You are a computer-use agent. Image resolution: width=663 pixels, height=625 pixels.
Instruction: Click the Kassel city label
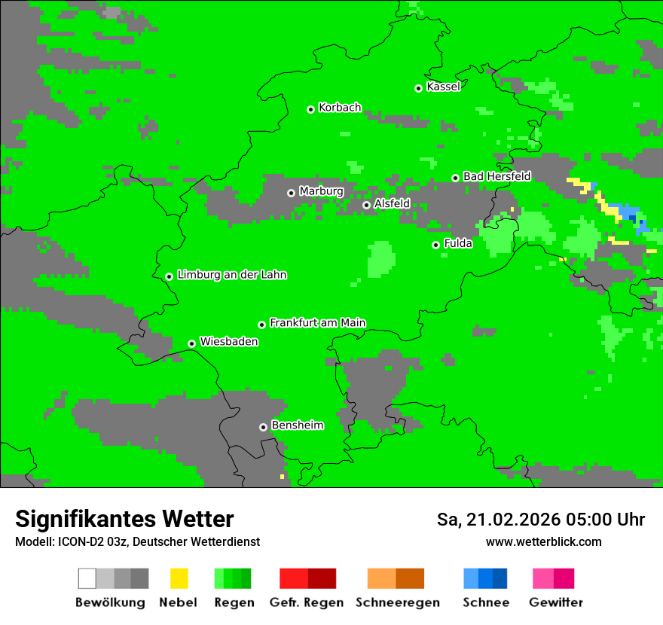[443, 87]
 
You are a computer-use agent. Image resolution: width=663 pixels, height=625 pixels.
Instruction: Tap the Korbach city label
[340, 108]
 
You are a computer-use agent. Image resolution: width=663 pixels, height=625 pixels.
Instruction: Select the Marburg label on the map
[321, 191]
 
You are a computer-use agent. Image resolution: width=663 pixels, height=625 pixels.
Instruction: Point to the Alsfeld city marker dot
[366, 205]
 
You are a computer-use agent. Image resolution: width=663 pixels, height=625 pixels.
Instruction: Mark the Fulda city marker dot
[435, 245]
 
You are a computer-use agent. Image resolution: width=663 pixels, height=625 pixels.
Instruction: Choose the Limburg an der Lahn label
[231, 275]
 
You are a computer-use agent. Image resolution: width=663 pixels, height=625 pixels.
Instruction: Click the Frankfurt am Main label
[317, 323]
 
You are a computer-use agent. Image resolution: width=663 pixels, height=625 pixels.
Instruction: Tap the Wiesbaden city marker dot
[191, 343]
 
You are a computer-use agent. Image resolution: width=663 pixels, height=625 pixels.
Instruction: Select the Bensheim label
[297, 425]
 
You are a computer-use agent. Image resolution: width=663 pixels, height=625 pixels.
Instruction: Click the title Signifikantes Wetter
[124, 520]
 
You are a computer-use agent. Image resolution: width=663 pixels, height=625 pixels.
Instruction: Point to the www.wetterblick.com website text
[543, 541]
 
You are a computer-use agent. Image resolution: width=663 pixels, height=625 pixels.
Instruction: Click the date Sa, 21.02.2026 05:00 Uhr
[540, 520]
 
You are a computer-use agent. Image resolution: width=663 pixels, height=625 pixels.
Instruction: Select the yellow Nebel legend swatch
[179, 578]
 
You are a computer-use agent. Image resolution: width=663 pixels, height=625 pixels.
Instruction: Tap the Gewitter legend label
[556, 602]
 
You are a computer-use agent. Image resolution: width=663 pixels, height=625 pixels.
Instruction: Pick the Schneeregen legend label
[397, 602]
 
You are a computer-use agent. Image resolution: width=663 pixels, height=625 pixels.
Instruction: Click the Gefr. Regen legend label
[307, 602]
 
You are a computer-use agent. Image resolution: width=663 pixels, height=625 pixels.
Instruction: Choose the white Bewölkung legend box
[87, 578]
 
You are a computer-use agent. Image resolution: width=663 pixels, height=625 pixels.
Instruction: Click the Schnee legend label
[486, 602]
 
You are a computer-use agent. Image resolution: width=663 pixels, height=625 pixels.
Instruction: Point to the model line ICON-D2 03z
[137, 542]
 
